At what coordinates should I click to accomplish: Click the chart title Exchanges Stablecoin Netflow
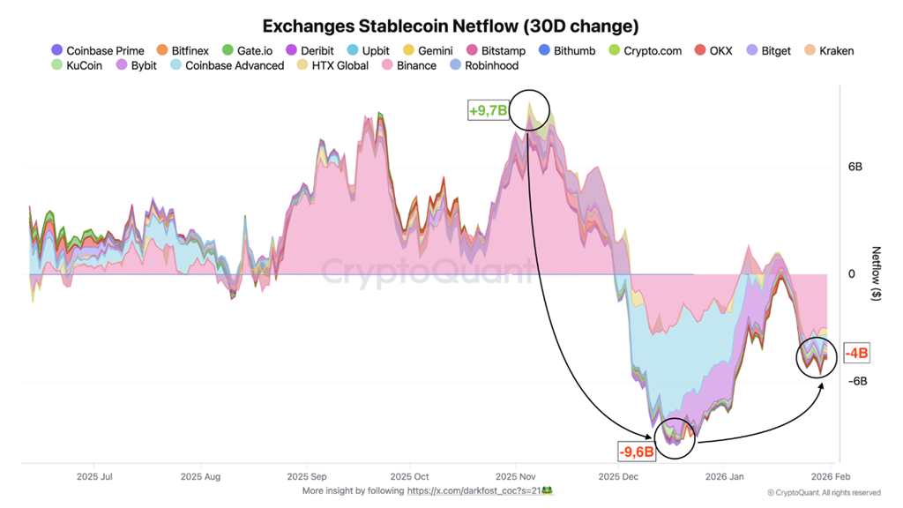[x=451, y=26]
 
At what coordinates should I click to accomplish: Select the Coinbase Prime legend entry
[x=97, y=51]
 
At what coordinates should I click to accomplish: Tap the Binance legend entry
[x=409, y=65]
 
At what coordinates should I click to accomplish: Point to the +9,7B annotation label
[x=488, y=110]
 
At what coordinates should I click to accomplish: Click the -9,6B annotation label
[x=635, y=452]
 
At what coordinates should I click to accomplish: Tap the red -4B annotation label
[x=856, y=354]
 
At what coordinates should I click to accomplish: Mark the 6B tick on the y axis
[x=855, y=167]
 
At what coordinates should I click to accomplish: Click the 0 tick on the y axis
[x=852, y=274]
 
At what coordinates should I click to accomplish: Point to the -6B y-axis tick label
[x=857, y=381]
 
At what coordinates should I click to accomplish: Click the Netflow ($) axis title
[x=875, y=274]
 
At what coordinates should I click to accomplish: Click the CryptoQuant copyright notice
[x=823, y=492]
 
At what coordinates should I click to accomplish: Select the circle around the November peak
[x=528, y=109]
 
